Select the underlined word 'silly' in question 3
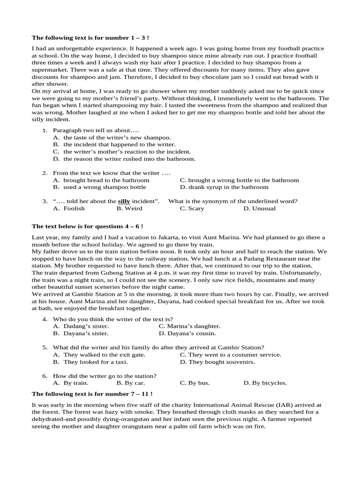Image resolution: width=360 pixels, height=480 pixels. pyautogui.click(x=124, y=201)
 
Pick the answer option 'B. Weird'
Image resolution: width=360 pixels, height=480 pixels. pyautogui.click(x=129, y=209)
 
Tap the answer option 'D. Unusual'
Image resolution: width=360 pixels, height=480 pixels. pyautogui.click(x=259, y=209)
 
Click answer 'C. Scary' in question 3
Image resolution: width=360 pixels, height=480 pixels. pyautogui.click(x=192, y=209)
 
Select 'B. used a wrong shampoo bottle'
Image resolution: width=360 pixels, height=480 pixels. pyautogui.click(x=99, y=187)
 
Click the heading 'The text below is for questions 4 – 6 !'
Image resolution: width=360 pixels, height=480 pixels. pyautogui.click(x=87, y=226)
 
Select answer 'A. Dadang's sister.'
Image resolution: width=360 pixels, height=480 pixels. pyautogui.click(x=81, y=326)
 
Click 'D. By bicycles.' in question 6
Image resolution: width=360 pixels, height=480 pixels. pyautogui.click(x=265, y=383)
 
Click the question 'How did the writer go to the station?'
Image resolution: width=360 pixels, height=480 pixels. pyautogui.click(x=105, y=376)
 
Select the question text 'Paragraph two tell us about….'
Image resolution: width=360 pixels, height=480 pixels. pyautogui.click(x=96, y=130)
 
